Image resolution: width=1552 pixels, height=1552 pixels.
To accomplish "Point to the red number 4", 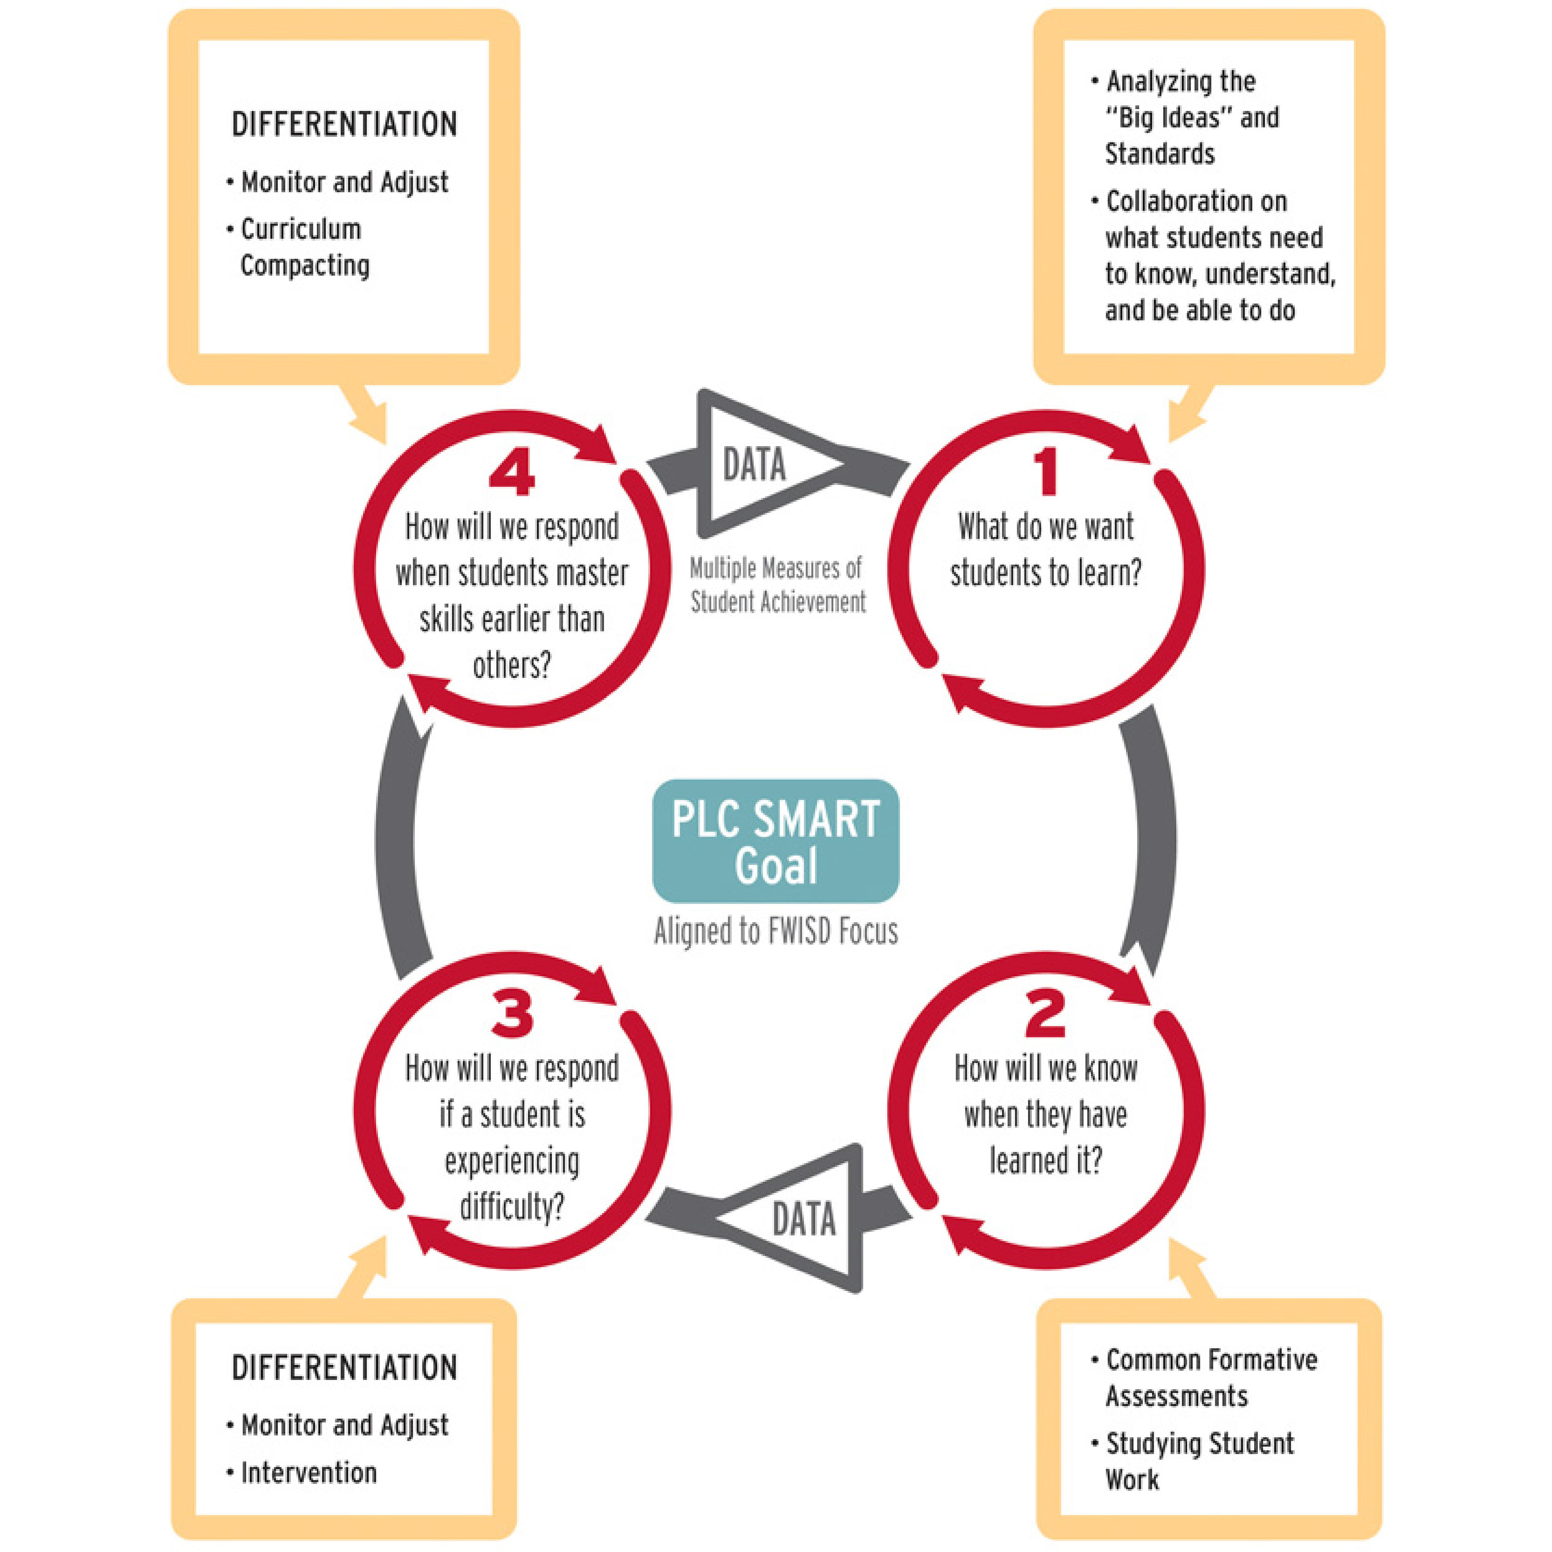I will pyautogui.click(x=512, y=473).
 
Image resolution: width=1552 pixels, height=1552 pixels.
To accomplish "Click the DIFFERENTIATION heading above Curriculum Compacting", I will pyautogui.click(x=344, y=125).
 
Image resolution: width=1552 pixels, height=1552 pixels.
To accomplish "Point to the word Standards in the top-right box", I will pyautogui.click(x=1159, y=154).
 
